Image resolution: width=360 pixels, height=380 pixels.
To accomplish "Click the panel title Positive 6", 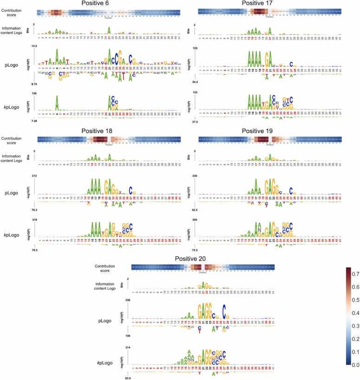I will point(108,4).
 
